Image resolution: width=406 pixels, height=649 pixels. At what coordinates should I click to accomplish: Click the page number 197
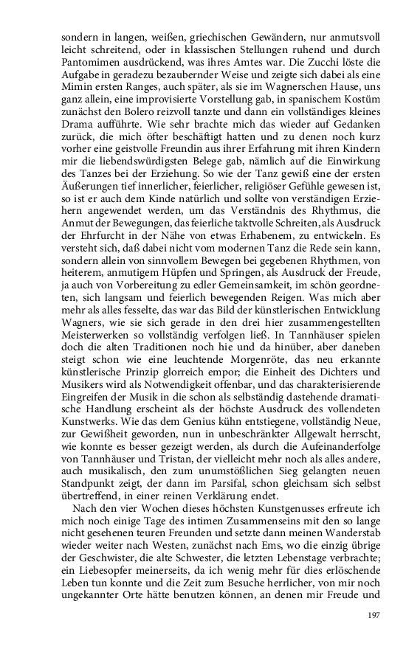[x=373, y=613]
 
